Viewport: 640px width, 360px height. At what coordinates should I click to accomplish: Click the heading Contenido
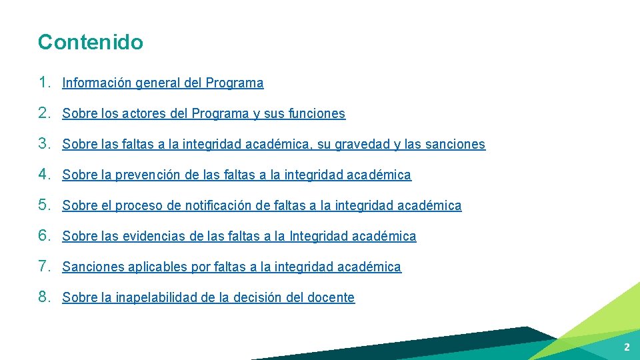coord(90,42)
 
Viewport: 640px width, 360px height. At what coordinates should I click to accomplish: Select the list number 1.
coord(44,83)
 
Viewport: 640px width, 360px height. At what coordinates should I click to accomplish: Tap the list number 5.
coord(44,205)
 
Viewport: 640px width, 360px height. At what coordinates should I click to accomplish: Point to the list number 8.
coord(44,297)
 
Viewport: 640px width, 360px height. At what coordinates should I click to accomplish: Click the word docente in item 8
coord(331,298)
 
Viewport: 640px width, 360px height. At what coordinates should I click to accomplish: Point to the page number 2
coord(627,347)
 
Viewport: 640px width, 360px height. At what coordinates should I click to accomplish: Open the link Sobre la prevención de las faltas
coord(237,175)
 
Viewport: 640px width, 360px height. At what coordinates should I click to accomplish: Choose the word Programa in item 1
coord(235,83)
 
